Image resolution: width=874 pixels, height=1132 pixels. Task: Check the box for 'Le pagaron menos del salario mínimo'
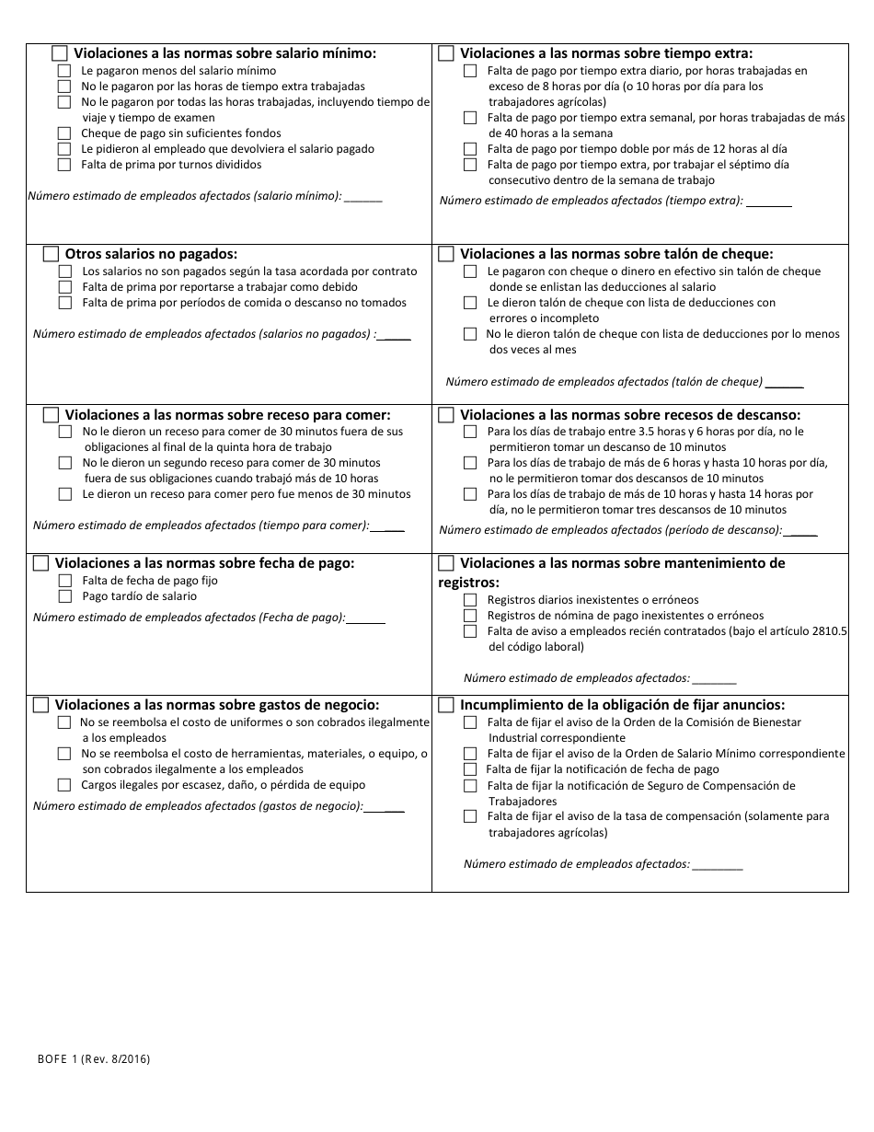(x=63, y=71)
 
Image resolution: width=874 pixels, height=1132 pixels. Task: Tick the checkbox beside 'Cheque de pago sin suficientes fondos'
(x=63, y=133)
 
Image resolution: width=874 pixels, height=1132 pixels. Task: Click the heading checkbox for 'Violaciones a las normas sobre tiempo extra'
(x=446, y=53)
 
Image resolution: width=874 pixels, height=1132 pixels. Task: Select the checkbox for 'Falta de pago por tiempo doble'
(x=470, y=149)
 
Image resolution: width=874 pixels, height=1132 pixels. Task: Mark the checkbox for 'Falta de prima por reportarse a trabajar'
(x=65, y=287)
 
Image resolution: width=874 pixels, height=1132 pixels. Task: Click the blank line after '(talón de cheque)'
(x=784, y=383)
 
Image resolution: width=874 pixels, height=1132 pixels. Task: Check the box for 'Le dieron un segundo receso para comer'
(x=65, y=463)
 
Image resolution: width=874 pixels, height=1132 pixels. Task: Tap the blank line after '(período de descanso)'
(x=801, y=531)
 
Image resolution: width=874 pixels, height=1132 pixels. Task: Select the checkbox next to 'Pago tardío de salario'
(x=65, y=596)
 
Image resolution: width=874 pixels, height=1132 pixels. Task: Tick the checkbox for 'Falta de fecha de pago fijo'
(x=65, y=581)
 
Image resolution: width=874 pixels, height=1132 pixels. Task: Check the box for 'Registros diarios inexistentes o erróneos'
(x=470, y=600)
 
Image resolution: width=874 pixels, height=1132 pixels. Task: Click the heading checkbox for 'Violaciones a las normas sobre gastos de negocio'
(x=40, y=705)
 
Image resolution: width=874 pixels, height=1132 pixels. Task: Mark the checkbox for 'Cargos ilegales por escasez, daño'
(x=63, y=785)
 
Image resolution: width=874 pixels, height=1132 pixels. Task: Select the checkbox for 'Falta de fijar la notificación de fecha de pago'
(x=469, y=769)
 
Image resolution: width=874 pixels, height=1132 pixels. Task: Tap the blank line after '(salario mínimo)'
(x=363, y=197)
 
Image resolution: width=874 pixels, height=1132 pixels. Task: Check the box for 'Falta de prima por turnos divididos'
(x=63, y=165)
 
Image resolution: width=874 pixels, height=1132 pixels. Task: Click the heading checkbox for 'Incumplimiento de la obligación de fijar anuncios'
(x=446, y=705)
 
